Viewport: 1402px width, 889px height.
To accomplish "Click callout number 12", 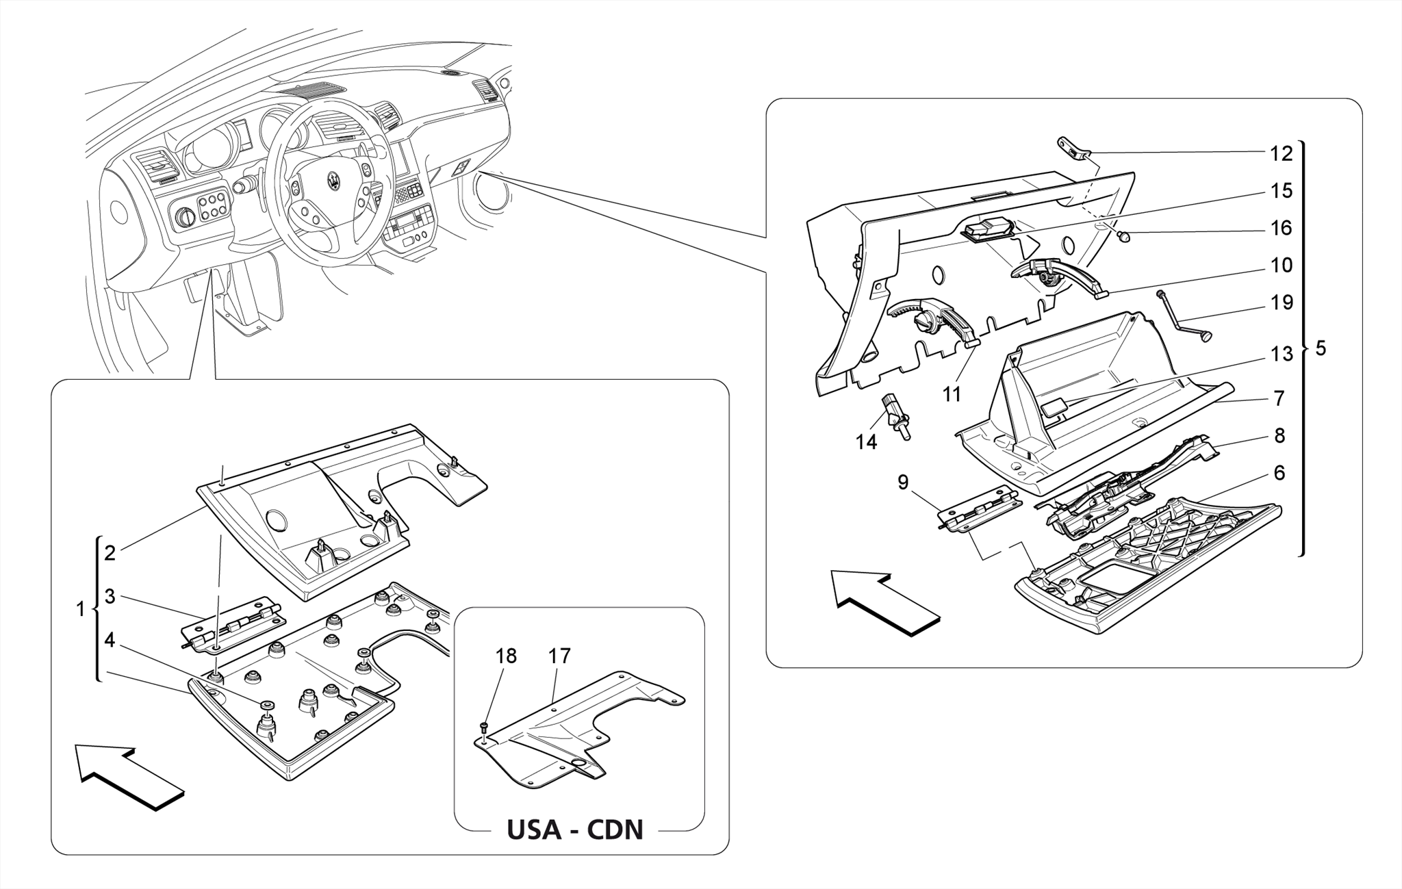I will tap(1281, 153).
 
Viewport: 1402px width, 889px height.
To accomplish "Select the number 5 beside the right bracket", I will tap(1321, 348).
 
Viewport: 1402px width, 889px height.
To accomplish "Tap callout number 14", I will tap(866, 442).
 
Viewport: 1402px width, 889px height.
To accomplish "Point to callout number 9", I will tap(903, 482).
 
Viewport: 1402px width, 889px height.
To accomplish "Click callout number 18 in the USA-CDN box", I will tap(506, 656).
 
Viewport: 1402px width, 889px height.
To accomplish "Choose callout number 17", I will tap(559, 656).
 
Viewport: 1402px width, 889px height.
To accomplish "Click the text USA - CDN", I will tap(574, 829).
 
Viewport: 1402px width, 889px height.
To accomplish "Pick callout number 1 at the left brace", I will tap(81, 608).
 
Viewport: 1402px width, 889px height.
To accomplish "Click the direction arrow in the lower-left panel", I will tap(130, 777).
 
